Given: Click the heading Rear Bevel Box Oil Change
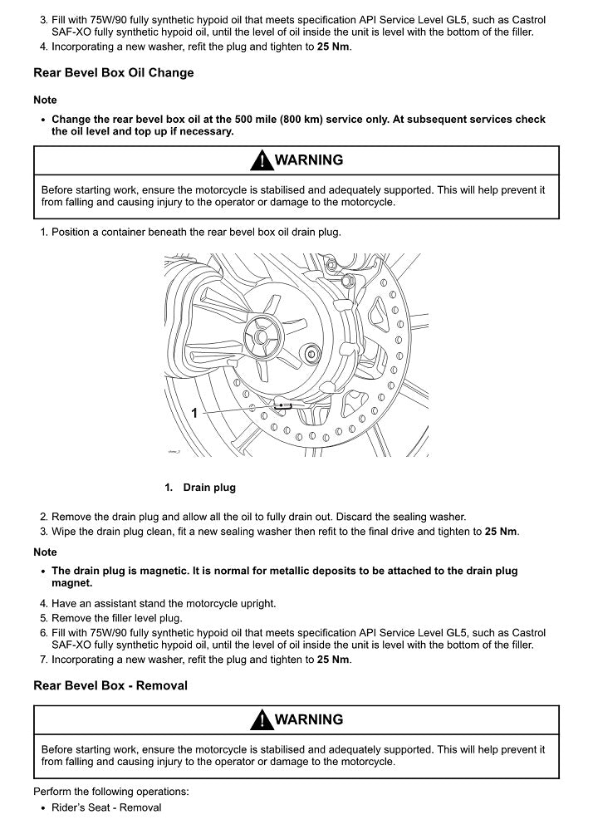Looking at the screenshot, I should point(113,72).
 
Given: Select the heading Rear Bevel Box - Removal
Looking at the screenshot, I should point(110,685).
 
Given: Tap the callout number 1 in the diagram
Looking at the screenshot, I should point(194,412).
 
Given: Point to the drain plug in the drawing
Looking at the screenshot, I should point(284,406).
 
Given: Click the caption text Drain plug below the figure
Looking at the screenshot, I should point(209,488).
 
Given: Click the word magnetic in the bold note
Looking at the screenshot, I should point(166,571).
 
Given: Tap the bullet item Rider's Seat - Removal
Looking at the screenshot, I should point(106,807).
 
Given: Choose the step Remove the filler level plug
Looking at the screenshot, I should point(116,619).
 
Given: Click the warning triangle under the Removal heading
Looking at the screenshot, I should point(262,719).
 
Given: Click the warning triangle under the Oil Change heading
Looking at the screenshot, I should point(262,160).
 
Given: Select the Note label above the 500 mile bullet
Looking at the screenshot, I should point(45,100).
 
